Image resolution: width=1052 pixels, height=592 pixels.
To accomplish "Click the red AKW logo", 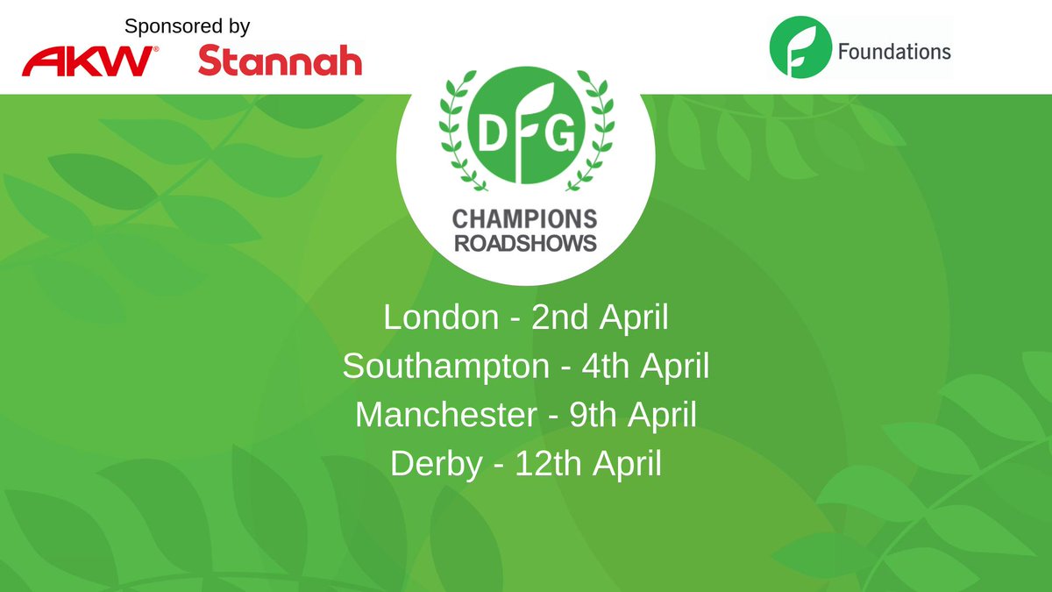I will [x=90, y=61].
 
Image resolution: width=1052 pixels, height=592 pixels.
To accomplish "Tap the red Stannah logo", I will [x=280, y=61].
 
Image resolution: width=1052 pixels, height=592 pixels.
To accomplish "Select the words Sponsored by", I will [x=187, y=26].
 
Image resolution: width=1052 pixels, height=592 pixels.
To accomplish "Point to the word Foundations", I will [x=894, y=51].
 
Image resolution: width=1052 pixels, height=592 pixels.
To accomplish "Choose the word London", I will [x=440, y=318].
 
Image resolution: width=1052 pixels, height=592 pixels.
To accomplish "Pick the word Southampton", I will [x=445, y=367].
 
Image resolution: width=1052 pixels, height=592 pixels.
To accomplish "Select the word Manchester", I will [x=445, y=415].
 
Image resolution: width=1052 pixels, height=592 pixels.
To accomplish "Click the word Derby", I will [x=437, y=464].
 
